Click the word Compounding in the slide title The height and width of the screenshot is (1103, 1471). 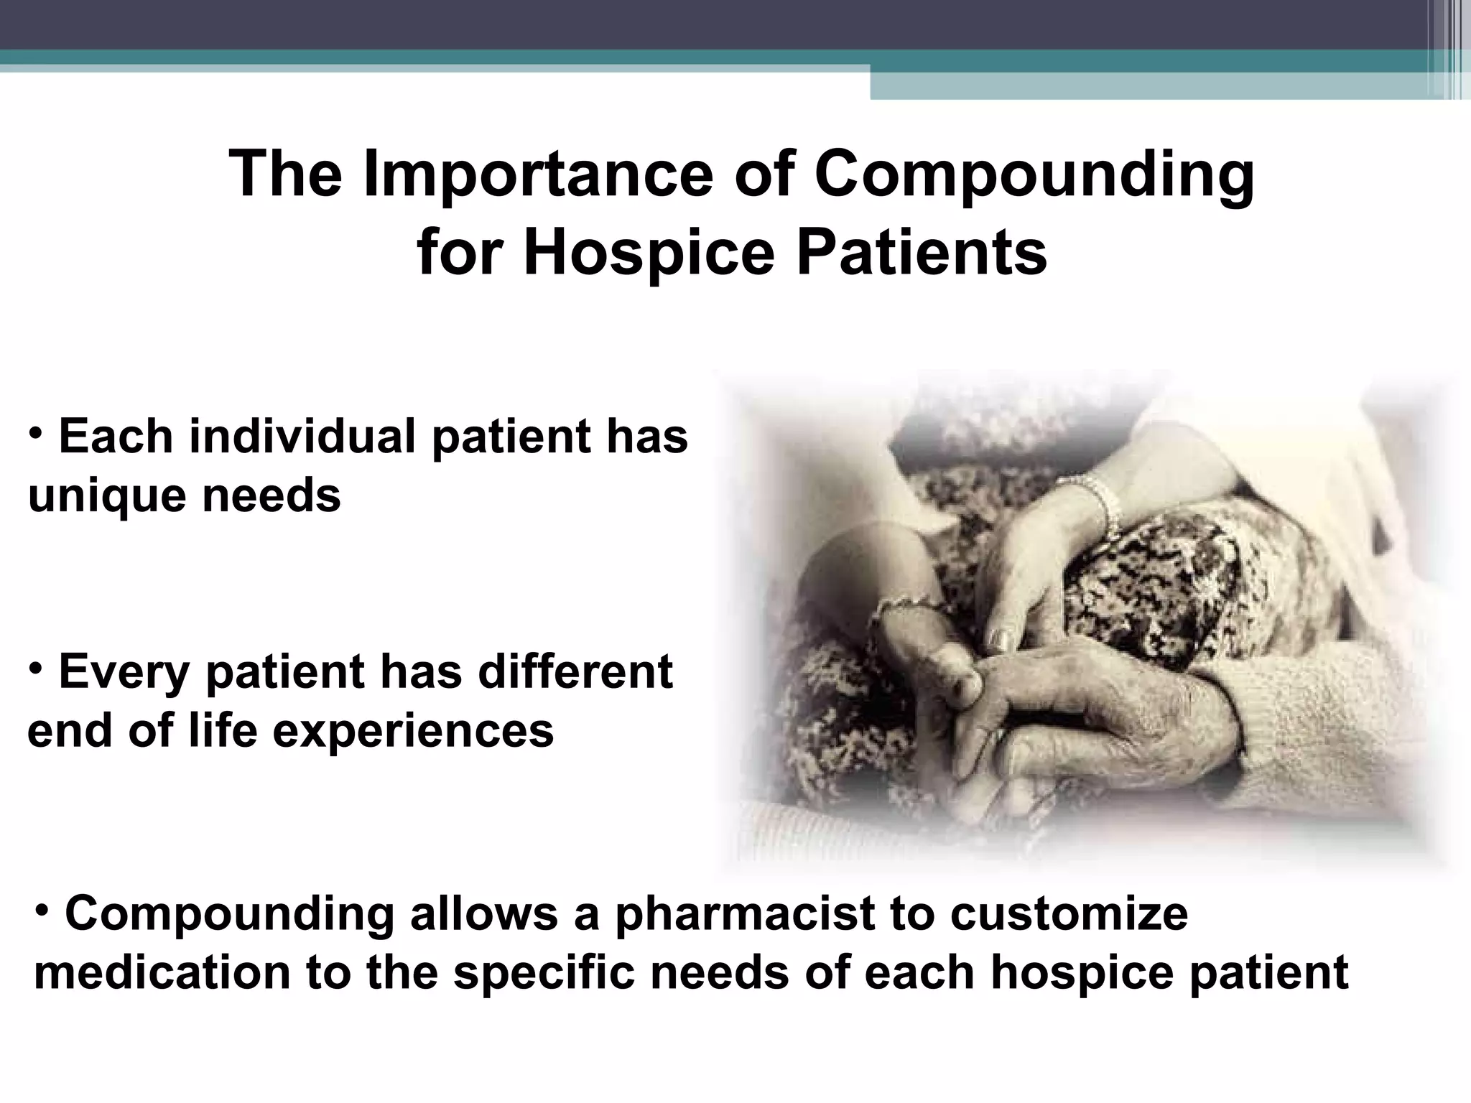1034,176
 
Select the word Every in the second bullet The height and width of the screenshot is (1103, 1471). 123,671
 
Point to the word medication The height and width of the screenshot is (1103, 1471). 162,972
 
